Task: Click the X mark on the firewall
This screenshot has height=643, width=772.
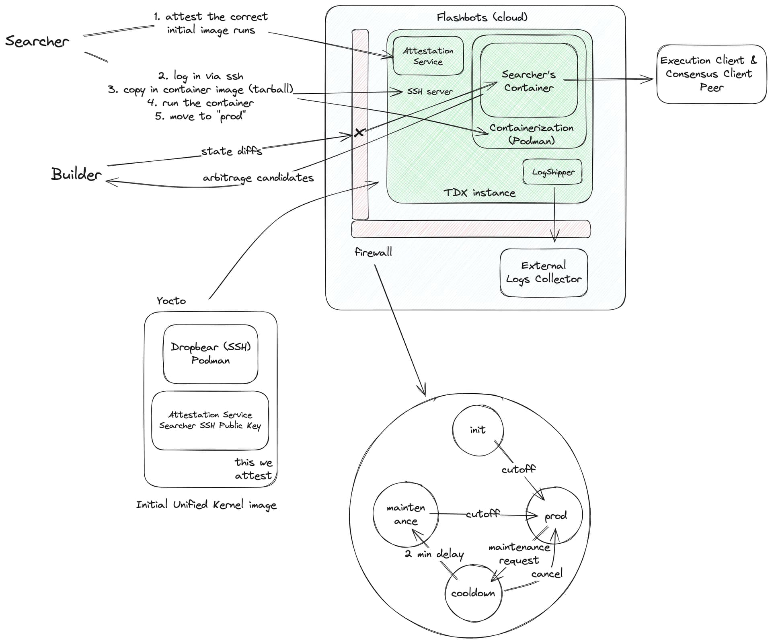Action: pyautogui.click(x=359, y=132)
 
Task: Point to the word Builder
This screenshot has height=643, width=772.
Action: pyautogui.click(x=76, y=175)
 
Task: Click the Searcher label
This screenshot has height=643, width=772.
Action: pyautogui.click(x=37, y=41)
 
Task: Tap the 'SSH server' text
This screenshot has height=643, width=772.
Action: pyautogui.click(x=430, y=92)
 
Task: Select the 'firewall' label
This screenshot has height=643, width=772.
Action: pyautogui.click(x=373, y=252)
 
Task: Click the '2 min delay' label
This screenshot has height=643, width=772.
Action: pyautogui.click(x=434, y=554)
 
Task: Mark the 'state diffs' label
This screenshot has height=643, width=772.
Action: pyautogui.click(x=232, y=151)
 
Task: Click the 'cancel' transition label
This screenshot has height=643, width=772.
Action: pyautogui.click(x=547, y=574)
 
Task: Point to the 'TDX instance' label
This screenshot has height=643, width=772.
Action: pyautogui.click(x=479, y=193)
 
